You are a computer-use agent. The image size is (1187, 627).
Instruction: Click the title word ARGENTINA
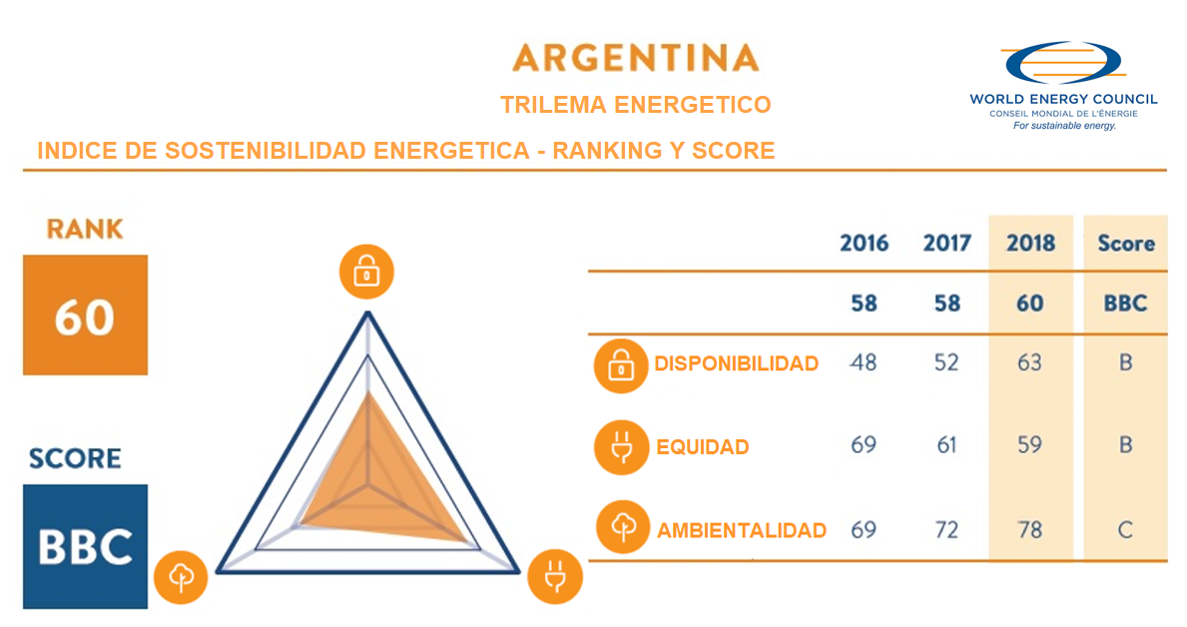click(x=635, y=58)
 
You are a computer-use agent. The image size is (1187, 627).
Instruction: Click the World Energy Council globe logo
click(x=1063, y=62)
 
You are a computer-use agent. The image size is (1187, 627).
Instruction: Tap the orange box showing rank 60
click(x=85, y=315)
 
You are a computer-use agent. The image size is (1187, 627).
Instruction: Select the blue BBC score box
click(x=85, y=546)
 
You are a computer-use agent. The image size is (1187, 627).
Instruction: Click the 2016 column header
click(x=864, y=243)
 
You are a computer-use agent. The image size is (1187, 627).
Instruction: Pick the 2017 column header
click(x=946, y=243)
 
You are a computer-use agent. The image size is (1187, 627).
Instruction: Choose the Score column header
click(x=1126, y=243)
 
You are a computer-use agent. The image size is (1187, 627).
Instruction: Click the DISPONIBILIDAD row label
click(x=736, y=363)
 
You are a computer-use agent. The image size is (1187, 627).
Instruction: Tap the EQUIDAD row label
click(x=703, y=446)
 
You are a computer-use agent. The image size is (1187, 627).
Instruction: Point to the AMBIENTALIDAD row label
click(x=741, y=530)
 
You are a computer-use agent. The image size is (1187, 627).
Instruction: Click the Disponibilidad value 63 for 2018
click(x=1029, y=362)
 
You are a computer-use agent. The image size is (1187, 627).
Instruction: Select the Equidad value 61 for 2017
click(x=946, y=445)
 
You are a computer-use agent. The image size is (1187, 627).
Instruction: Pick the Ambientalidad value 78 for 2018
click(x=1029, y=529)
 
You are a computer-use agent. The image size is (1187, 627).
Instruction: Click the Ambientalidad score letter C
click(x=1126, y=529)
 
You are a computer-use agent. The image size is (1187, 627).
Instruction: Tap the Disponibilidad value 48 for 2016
click(x=863, y=362)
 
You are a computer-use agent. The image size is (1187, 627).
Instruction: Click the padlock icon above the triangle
click(x=366, y=272)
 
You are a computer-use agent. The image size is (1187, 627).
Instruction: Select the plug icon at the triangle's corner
click(x=555, y=576)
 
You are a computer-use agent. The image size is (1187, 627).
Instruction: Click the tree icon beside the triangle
click(x=181, y=577)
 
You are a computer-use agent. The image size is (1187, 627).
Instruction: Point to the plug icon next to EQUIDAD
click(x=622, y=447)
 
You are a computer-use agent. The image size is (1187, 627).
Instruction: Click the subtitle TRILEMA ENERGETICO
click(x=635, y=105)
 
